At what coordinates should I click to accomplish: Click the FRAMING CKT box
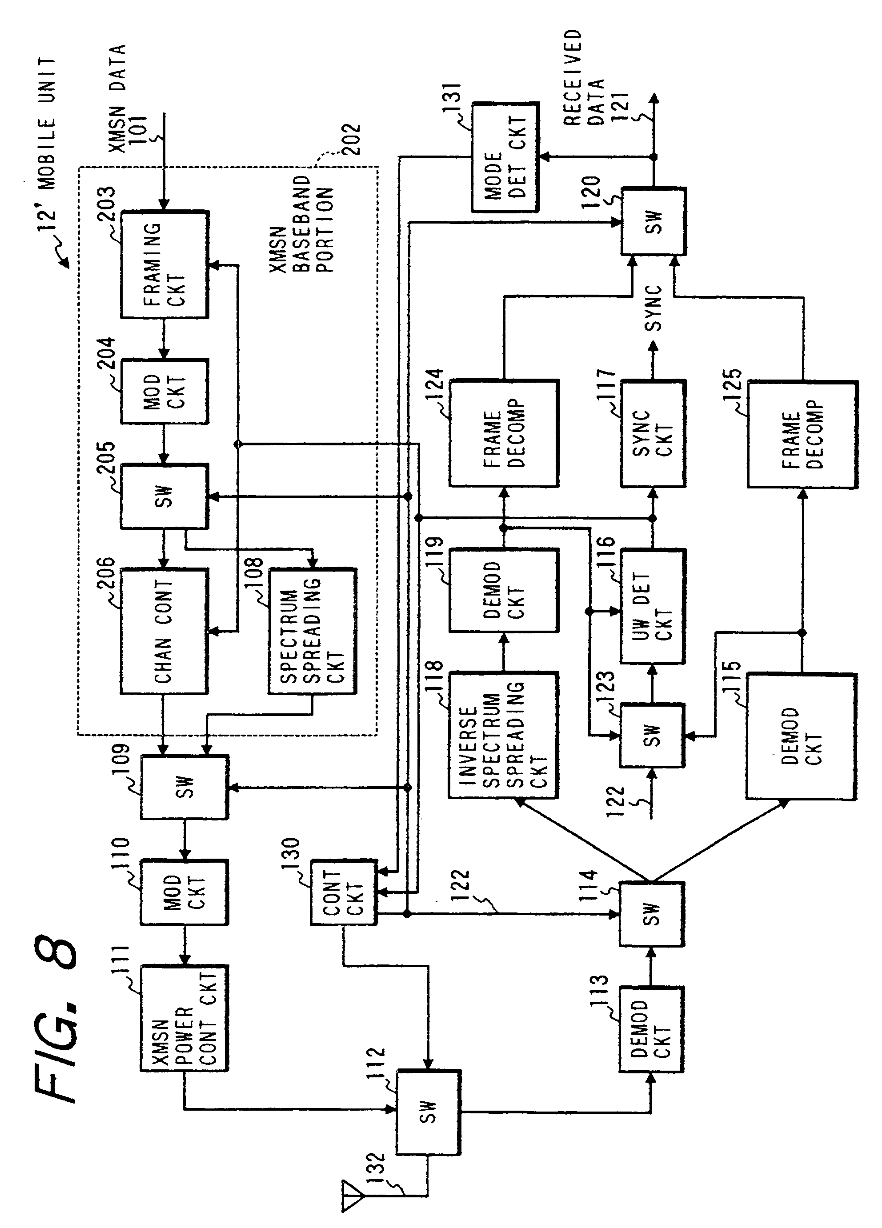[x=164, y=264]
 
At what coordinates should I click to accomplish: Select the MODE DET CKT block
[x=505, y=156]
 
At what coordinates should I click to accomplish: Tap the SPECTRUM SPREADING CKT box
[x=313, y=631]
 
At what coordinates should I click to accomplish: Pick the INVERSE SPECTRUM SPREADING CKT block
[x=503, y=735]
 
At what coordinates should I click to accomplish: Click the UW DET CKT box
[x=653, y=606]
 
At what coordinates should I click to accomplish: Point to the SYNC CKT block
[x=653, y=433]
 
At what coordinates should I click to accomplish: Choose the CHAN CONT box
[x=164, y=631]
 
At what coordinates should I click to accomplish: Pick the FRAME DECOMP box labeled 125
[x=802, y=434]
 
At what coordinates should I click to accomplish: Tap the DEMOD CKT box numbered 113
[x=651, y=1029]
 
